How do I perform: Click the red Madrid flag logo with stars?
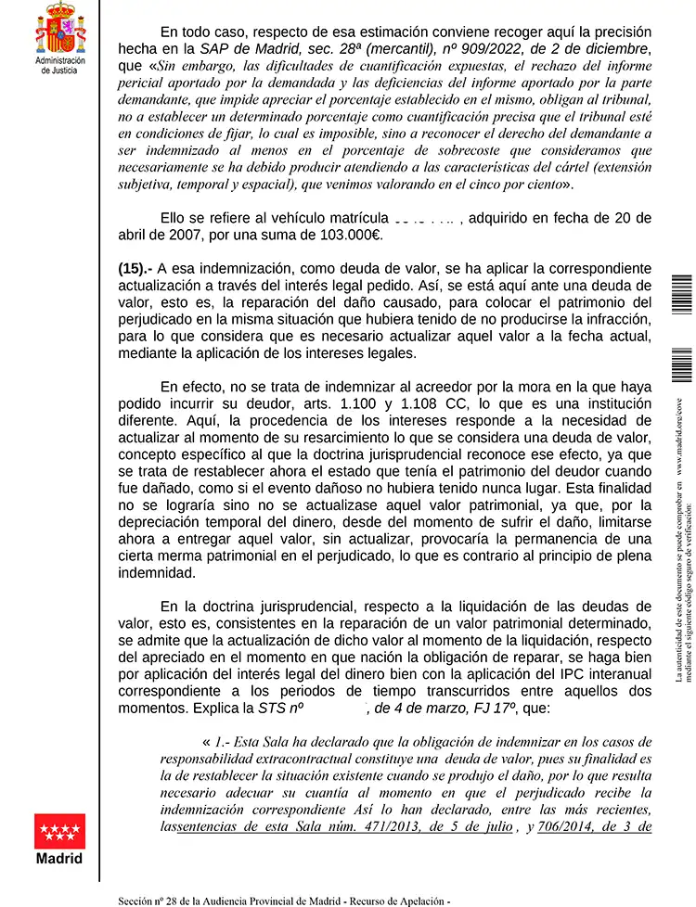[x=59, y=832]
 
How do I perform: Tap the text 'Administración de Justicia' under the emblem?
[x=59, y=65]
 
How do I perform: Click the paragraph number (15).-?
[x=135, y=268]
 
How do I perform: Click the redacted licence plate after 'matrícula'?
[x=424, y=217]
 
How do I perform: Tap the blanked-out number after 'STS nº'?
[x=336, y=709]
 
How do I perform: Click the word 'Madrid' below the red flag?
[x=59, y=859]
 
